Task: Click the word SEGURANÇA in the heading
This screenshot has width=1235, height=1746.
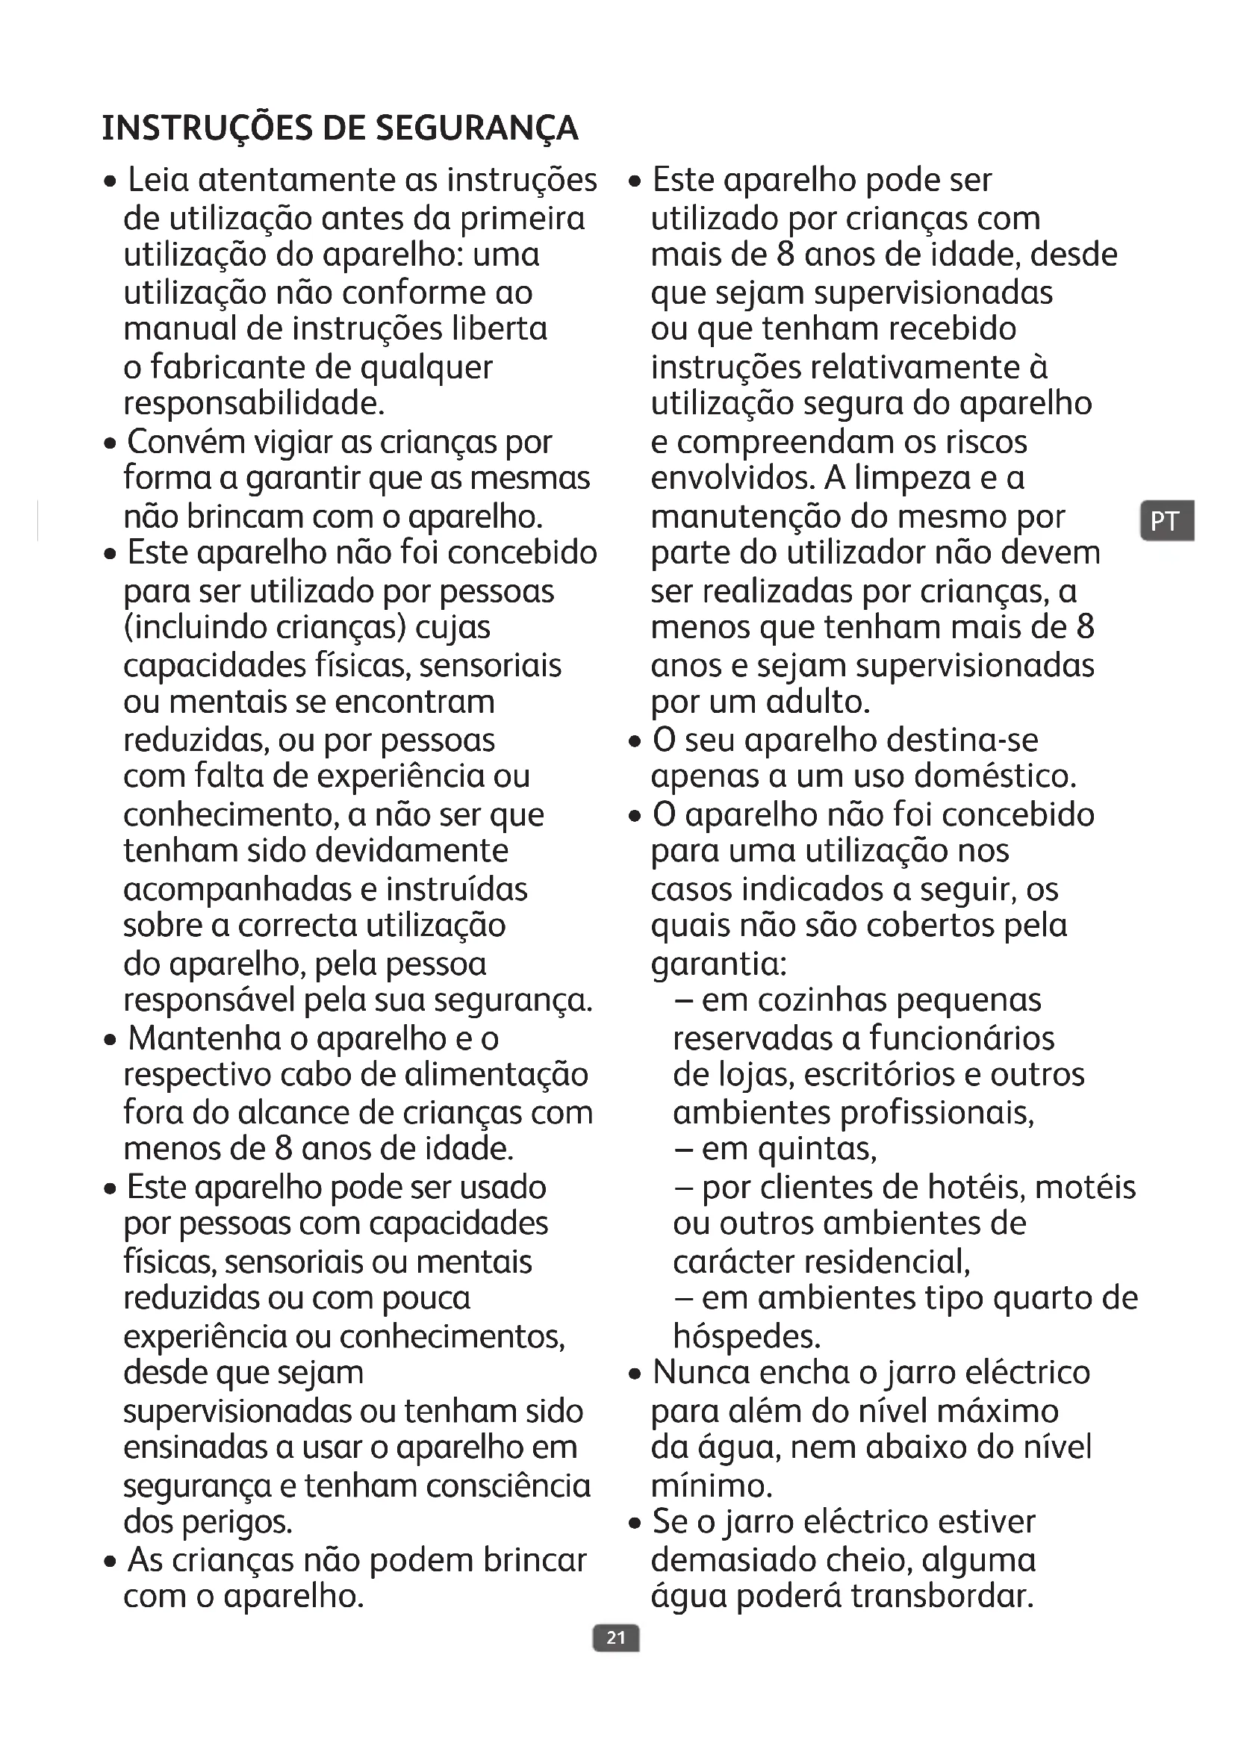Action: pos(477,128)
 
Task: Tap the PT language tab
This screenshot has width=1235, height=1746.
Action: pos(1166,521)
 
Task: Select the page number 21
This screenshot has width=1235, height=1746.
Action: pos(616,1637)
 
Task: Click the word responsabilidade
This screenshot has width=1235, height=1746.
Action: pos(254,404)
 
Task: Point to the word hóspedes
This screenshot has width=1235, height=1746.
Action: pos(746,1336)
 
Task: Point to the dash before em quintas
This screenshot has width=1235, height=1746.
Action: pos(682,1150)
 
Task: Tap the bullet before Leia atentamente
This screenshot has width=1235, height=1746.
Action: pos(111,182)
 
